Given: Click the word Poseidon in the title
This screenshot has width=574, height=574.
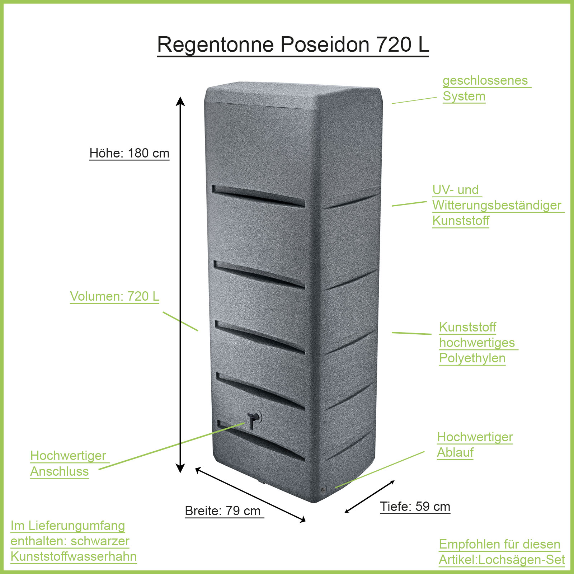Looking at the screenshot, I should pos(325,45).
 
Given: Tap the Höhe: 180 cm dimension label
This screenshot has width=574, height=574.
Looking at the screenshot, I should pos(129,153).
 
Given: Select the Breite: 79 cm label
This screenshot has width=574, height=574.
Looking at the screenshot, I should pos(222,511).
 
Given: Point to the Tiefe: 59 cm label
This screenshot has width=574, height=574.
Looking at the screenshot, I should pos(415,507).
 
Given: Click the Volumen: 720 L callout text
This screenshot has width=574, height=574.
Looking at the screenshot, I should pos(114,296).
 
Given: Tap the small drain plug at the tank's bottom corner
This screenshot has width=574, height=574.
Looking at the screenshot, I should pos(323,489).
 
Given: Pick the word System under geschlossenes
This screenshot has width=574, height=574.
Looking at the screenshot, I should pos(464,96).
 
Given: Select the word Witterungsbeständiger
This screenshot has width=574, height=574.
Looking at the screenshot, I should pos(497,205).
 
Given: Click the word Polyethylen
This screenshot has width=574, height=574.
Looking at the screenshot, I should pos(472,358).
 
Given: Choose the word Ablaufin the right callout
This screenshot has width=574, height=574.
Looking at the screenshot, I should pos(455,452).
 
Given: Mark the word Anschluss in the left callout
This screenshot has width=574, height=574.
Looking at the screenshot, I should pos(60,471).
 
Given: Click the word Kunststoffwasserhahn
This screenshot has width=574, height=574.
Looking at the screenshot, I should pos(74,556).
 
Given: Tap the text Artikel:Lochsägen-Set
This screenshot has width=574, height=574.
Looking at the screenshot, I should pos(502,560).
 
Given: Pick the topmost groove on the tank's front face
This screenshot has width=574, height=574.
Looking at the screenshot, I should pos(258,196).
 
